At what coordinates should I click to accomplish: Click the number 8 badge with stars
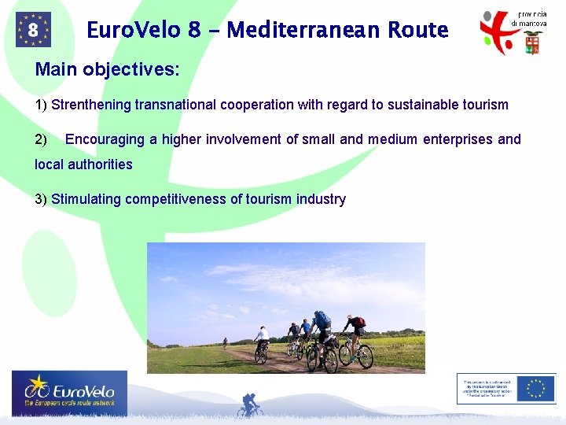[33, 30]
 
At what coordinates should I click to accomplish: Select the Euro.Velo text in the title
[134, 31]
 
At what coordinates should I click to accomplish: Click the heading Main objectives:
[107, 69]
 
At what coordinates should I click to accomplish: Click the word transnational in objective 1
[177, 105]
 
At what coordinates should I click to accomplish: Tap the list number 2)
[42, 139]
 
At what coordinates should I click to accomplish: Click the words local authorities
[84, 164]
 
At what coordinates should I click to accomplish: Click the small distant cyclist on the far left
[225, 343]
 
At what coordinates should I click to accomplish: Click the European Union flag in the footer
[537, 388]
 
